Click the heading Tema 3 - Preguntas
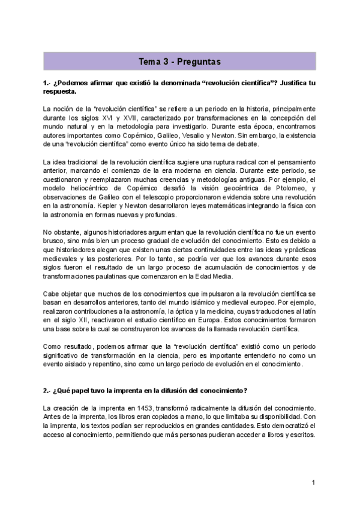pos(180,62)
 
